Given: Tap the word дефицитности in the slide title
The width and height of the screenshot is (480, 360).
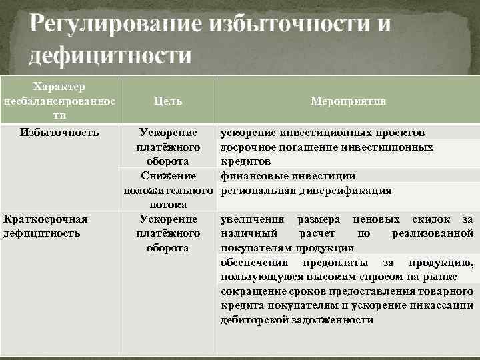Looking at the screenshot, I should pos(109,55).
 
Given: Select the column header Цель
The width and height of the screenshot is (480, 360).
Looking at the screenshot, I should pos(167,101).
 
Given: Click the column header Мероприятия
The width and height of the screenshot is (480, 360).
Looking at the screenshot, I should pos(348,101).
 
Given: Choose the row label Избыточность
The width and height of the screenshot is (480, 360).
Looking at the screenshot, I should pos(59,132).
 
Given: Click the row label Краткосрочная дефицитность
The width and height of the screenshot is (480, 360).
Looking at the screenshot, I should pos(45,226).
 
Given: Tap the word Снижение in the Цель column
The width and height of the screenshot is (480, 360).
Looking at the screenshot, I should pos(168,176).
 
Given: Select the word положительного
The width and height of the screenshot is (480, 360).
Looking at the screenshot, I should pos(168,191).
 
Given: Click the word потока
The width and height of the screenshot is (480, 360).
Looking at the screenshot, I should pos(168,205).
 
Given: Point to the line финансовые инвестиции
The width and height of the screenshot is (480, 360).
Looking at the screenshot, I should pos(288,176).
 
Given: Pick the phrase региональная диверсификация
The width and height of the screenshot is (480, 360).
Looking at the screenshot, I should pos(306,191).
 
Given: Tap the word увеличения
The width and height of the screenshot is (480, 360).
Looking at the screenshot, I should pos(251,219).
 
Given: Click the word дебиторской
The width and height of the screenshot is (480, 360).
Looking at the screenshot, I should pos(253,320).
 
